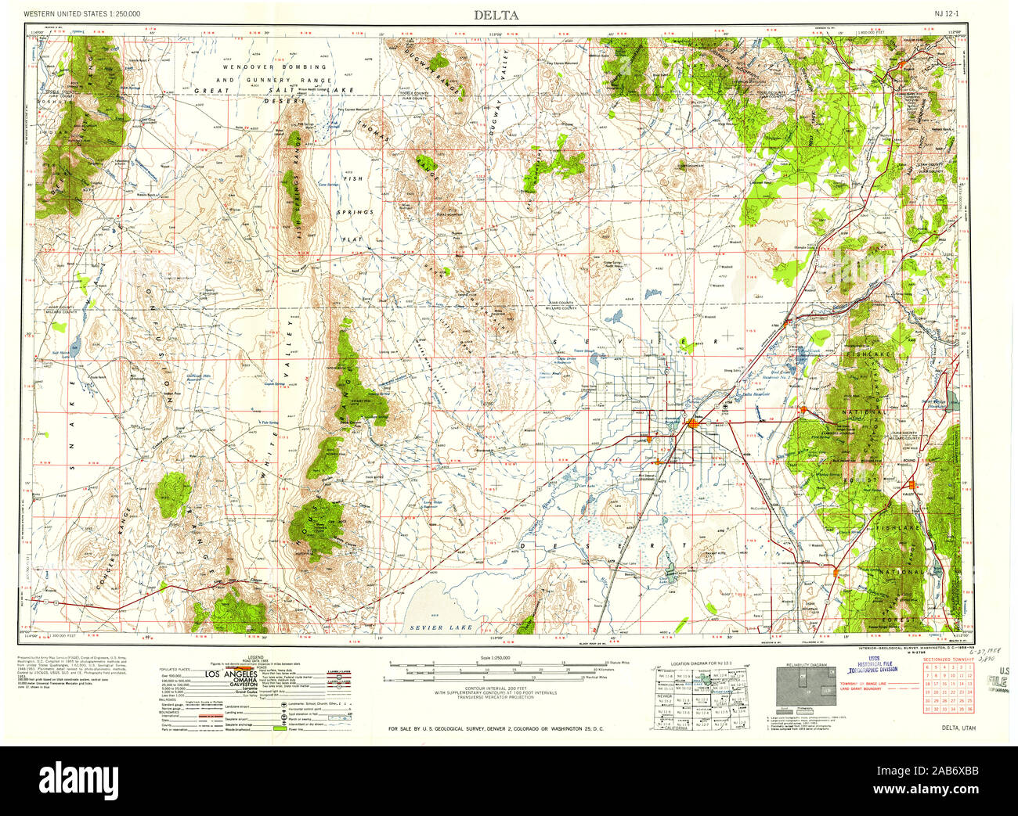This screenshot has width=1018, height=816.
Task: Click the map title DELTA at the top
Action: pyautogui.click(x=495, y=15)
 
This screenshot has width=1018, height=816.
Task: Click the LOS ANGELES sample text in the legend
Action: pyautogui.click(x=231, y=674)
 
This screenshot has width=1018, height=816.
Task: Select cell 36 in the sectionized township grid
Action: pyautogui.click(x=969, y=709)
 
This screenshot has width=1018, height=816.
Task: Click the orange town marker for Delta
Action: pyautogui.click(x=692, y=423)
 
